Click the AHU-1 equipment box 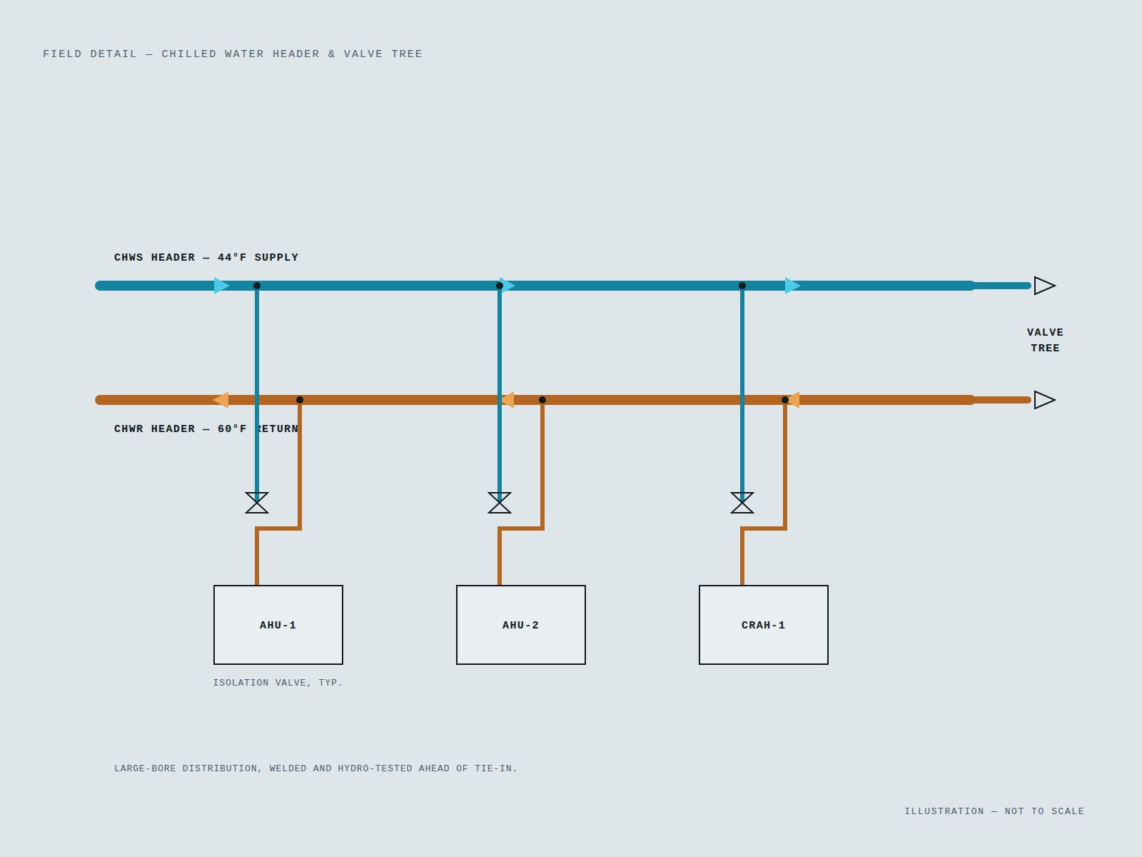tap(278, 624)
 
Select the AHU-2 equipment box tap(521, 624)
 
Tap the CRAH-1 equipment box tap(763, 624)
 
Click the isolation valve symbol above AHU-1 tap(257, 503)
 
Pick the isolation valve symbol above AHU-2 tap(500, 503)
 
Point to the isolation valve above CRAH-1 tap(742, 503)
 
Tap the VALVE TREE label tap(1045, 341)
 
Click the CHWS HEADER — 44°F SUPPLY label tap(206, 258)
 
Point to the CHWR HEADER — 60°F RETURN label tap(206, 428)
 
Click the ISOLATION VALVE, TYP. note tap(278, 683)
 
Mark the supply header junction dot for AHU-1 tap(257, 286)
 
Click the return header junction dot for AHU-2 tap(542, 400)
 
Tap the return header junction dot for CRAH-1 tap(784, 400)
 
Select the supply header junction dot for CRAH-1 tap(742, 286)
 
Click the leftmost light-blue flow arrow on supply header tap(222, 286)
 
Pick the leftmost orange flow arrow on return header tap(221, 400)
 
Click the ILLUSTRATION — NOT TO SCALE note tap(994, 811)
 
